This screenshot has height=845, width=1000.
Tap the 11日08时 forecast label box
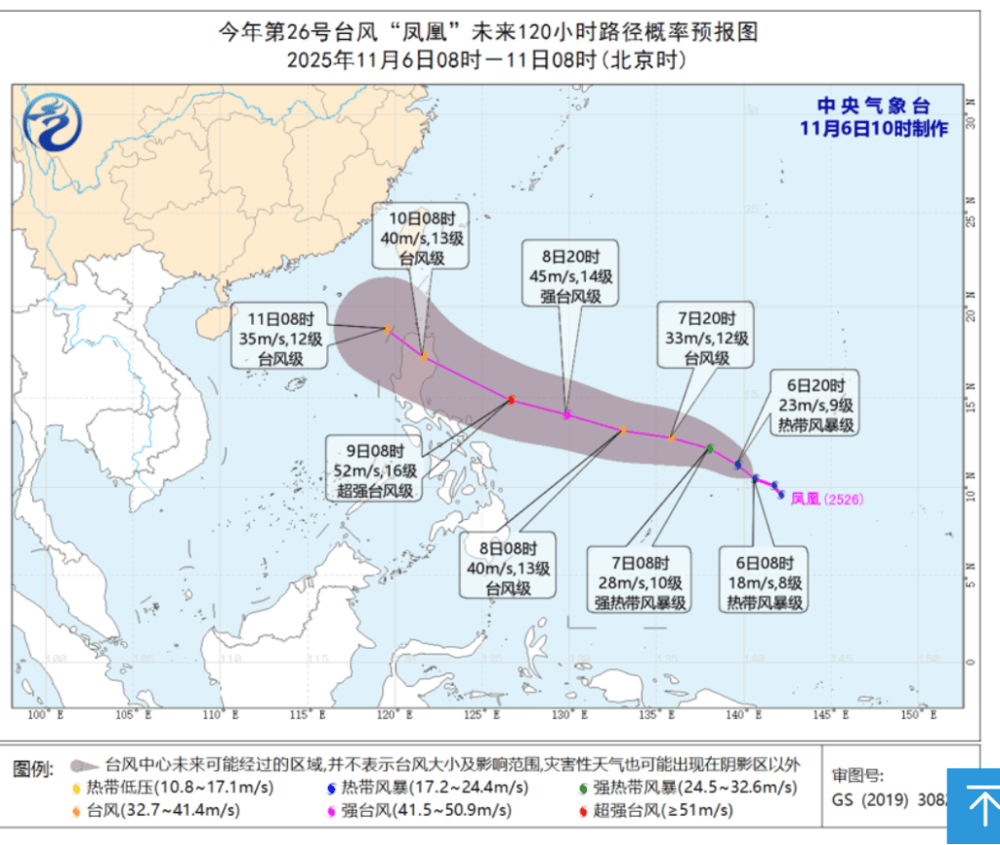point(281,339)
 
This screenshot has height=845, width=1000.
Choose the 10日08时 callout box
point(421,235)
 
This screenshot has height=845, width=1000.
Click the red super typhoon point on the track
point(511,399)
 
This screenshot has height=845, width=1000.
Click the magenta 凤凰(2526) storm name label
point(827,499)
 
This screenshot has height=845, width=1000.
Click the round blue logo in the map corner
point(53,121)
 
